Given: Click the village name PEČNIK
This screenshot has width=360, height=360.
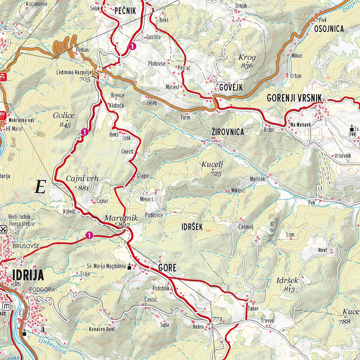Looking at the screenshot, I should coord(125,11).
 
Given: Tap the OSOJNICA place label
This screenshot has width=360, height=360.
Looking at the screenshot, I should coord(329,29).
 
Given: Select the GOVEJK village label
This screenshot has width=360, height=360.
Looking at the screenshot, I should coord(231,88).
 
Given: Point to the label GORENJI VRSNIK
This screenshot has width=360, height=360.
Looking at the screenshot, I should coord(294,98).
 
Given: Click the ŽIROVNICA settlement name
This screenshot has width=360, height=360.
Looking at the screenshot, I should coord(227,132).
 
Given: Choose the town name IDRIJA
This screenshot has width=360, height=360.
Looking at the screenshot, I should coord(28,275).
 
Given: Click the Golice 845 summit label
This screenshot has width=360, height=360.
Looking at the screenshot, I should coord(64,119).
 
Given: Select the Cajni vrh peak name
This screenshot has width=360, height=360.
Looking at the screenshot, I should coord(82,179).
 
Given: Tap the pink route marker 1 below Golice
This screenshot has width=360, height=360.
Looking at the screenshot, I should coord(84,132).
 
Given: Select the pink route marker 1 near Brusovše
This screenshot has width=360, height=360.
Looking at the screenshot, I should coord(89,235).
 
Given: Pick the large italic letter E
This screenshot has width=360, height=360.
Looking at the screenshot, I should coord(40,187).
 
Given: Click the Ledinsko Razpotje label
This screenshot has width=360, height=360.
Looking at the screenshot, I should coord(74,73).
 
